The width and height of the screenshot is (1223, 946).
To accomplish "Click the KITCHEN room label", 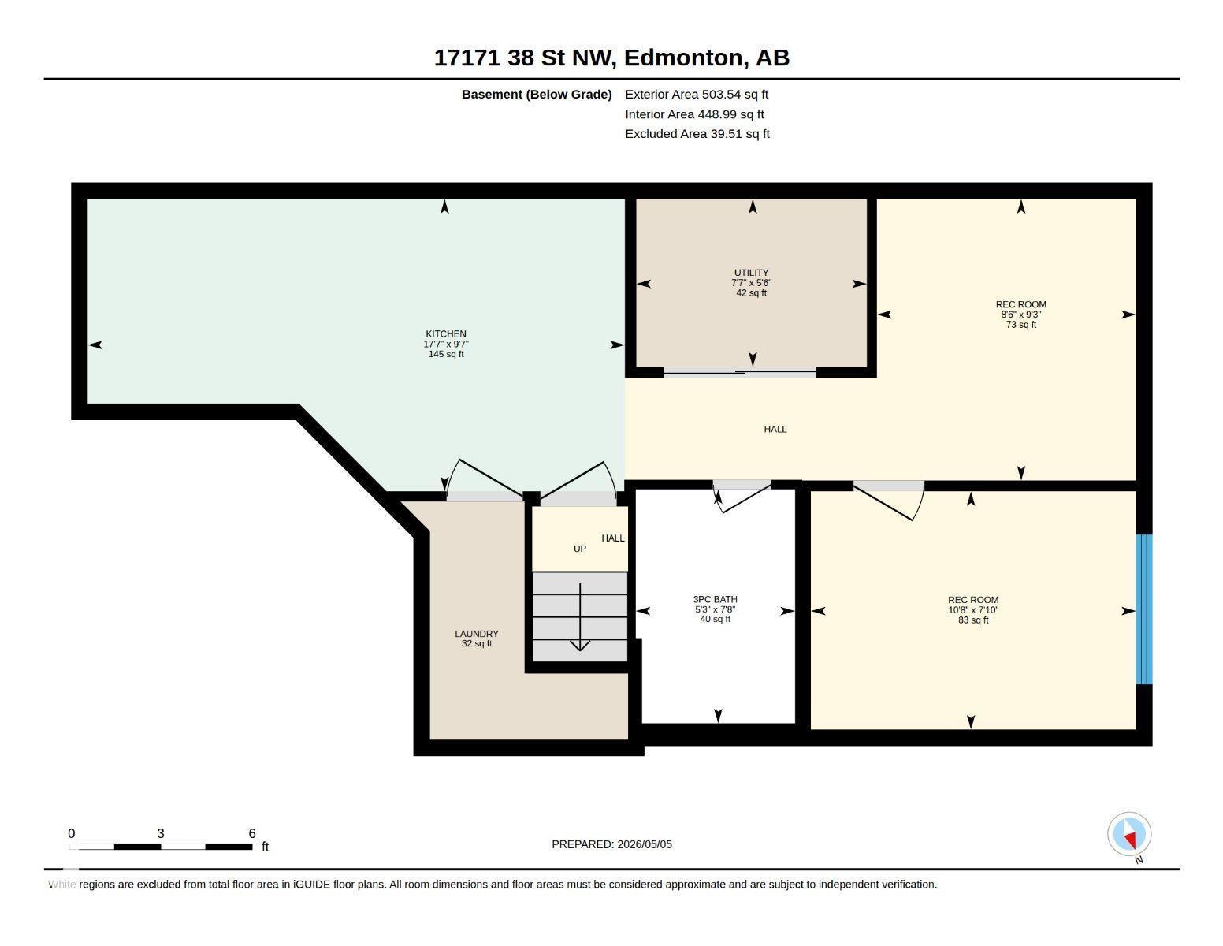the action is pyautogui.click(x=446, y=333).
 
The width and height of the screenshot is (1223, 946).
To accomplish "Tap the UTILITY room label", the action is pyautogui.click(x=751, y=273).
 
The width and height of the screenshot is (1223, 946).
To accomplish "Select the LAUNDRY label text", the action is pyautogui.click(x=477, y=634).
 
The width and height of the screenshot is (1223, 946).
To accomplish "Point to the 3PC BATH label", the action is pyautogui.click(x=716, y=599).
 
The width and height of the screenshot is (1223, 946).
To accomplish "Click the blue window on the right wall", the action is pyautogui.click(x=1144, y=609).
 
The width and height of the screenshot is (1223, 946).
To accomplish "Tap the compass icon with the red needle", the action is pyautogui.click(x=1129, y=834).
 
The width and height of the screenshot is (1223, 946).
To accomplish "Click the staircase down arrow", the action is pyautogui.click(x=580, y=617).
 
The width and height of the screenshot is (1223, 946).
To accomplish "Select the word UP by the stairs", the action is pyautogui.click(x=580, y=549).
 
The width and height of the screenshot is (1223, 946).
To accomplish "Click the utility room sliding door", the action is pyautogui.click(x=739, y=372).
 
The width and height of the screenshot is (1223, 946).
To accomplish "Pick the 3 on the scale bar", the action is pyautogui.click(x=161, y=833).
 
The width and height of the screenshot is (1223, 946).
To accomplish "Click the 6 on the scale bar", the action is pyautogui.click(x=252, y=833).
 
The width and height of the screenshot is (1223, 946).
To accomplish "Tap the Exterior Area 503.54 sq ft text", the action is pyautogui.click(x=697, y=95).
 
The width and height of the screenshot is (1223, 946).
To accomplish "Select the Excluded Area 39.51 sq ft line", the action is pyautogui.click(x=697, y=134).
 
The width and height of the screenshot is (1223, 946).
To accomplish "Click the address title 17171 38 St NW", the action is pyautogui.click(x=523, y=58).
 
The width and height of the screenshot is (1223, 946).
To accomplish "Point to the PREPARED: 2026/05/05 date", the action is pyautogui.click(x=611, y=844).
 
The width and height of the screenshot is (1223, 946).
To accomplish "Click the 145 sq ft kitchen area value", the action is pyautogui.click(x=446, y=354).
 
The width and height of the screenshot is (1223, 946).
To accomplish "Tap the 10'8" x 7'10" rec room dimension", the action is pyautogui.click(x=973, y=610).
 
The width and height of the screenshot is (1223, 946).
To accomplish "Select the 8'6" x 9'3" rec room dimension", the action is pyautogui.click(x=1021, y=315).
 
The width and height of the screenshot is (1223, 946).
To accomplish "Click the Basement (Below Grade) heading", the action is pyautogui.click(x=537, y=95).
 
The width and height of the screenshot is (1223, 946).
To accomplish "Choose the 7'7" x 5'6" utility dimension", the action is pyautogui.click(x=751, y=283).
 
